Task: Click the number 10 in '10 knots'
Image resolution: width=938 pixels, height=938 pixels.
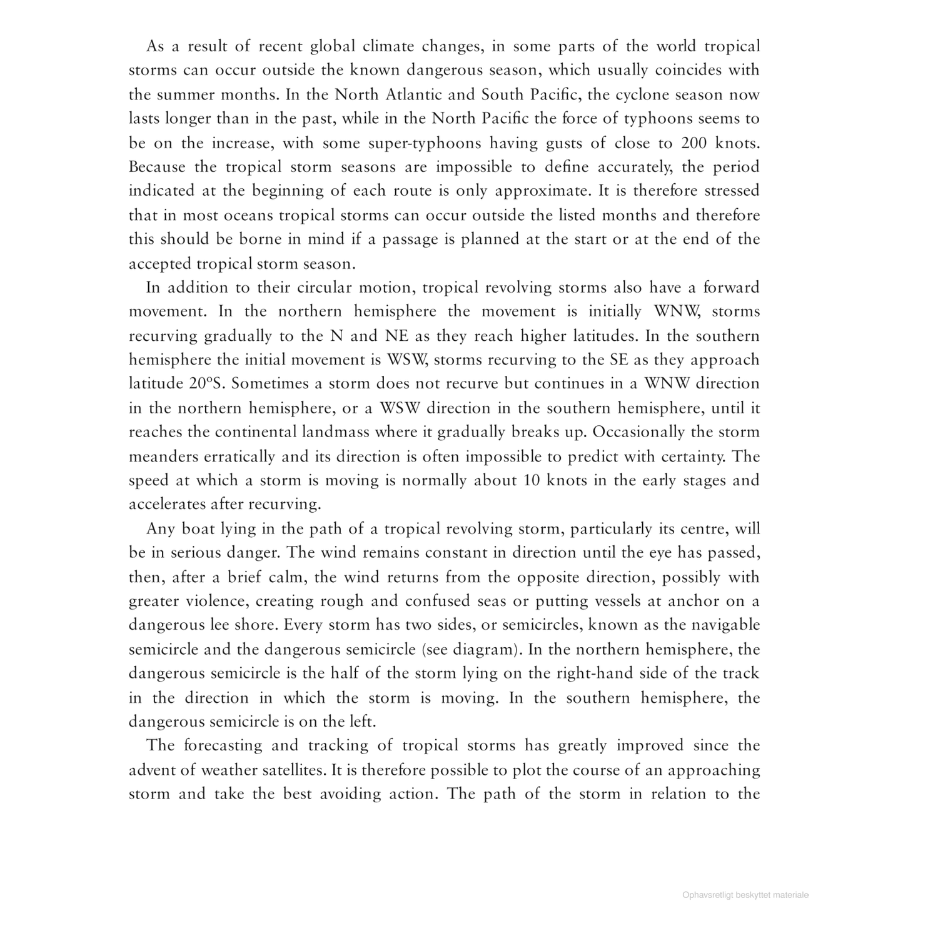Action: (530, 480)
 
